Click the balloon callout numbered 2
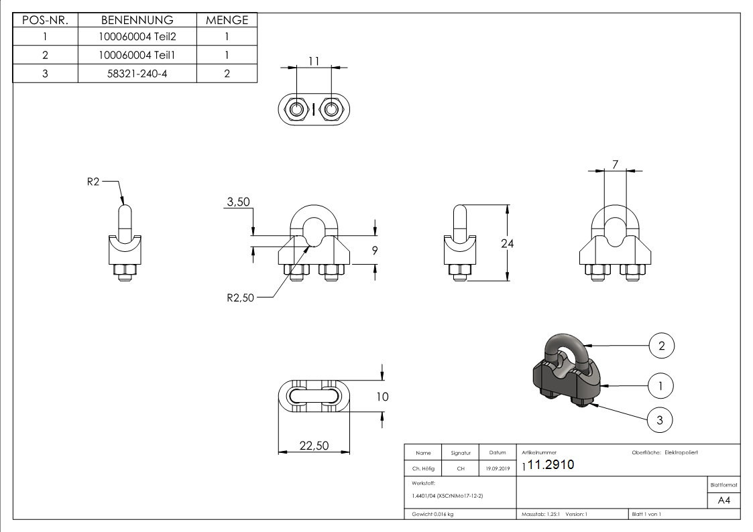tap(661, 346)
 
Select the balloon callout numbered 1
tap(661, 385)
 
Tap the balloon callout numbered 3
tap(660, 420)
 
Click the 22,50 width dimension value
tap(313, 446)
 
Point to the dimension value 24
tap(508, 244)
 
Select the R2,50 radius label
tap(241, 298)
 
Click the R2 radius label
tap(93, 182)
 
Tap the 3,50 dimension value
tap(238, 202)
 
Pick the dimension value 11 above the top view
tap(313, 61)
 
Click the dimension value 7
tap(615, 163)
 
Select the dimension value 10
tap(382, 397)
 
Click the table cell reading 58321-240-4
tap(137, 74)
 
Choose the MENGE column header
tap(227, 20)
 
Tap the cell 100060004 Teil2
tap(137, 38)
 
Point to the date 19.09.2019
tap(498, 469)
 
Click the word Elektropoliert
tap(681, 453)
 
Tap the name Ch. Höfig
tap(423, 469)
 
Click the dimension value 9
tap(375, 251)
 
